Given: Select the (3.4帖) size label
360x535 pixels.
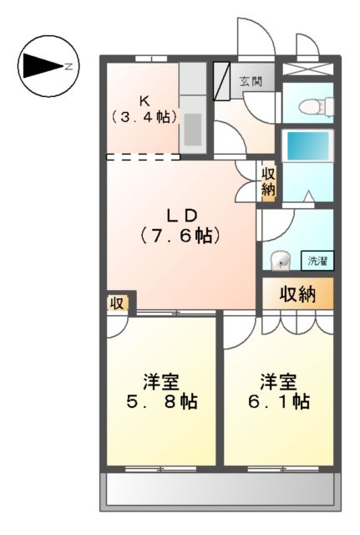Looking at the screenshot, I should click(x=144, y=117).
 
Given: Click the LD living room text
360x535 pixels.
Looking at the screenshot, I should click(x=180, y=216).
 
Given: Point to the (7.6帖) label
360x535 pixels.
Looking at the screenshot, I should click(x=180, y=236).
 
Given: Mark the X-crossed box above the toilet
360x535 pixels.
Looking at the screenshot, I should click(x=307, y=69).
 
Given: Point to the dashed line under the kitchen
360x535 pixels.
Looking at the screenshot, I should click(x=142, y=156).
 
